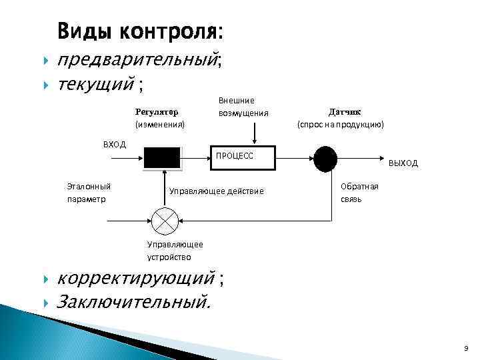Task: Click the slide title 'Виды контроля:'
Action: pos(141,31)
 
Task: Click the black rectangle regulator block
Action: pos(162,157)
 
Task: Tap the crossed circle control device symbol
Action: pos(163,219)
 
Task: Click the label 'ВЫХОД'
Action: pos(403,163)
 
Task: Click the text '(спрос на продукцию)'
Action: pos(341,125)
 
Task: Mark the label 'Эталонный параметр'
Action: pos(89,193)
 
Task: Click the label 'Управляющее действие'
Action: pos(217,192)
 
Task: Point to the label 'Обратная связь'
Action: pos(359,193)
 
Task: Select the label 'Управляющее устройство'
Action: pos(175,251)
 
